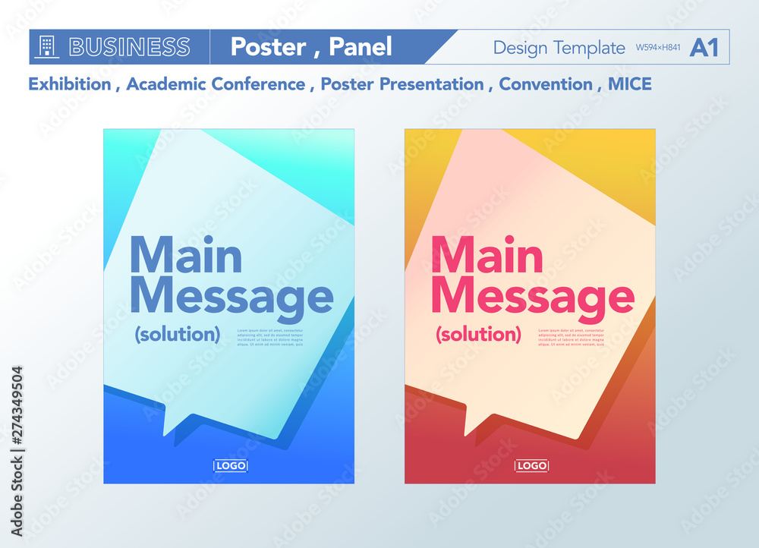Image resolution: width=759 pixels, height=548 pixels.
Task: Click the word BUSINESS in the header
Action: [129, 47]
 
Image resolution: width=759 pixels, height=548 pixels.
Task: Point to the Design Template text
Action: [559, 48]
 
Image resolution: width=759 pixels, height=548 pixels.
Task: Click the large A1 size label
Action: [704, 47]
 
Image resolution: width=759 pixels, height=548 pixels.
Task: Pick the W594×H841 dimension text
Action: [658, 49]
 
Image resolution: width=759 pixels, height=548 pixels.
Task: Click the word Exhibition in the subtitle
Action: [69, 84]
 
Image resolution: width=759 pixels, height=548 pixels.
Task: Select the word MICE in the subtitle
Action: [629, 84]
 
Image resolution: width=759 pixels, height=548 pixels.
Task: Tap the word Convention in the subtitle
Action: [545, 84]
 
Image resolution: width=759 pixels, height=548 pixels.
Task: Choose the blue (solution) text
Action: [178, 334]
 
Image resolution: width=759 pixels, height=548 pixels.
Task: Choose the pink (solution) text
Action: [478, 334]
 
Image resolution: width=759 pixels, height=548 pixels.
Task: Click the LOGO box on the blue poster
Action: [231, 465]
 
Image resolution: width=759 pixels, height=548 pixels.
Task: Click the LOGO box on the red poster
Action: [531, 465]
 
